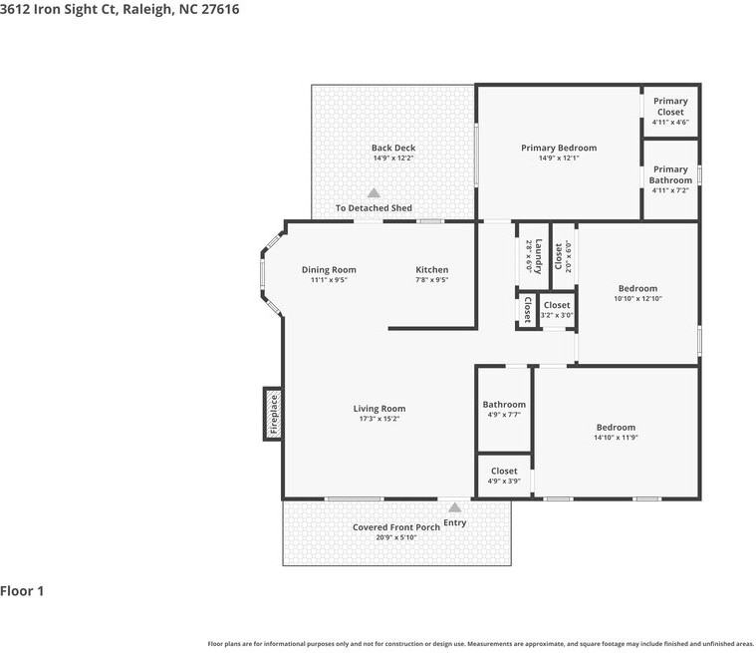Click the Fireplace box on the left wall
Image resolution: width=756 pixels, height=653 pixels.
click(x=273, y=414)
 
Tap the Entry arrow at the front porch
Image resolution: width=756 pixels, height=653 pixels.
click(x=454, y=507)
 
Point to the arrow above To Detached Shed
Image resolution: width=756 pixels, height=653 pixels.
click(x=374, y=193)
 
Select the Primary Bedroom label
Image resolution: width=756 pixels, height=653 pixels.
click(x=559, y=148)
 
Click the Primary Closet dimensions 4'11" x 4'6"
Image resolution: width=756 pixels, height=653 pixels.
click(x=670, y=122)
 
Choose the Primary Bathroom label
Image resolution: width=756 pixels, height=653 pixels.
click(x=670, y=174)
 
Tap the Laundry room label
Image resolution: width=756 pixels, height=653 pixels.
click(x=539, y=256)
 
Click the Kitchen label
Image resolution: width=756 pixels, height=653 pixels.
click(x=432, y=270)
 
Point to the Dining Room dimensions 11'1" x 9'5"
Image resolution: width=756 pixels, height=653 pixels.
click(x=329, y=280)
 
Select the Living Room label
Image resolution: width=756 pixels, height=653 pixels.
click(x=379, y=409)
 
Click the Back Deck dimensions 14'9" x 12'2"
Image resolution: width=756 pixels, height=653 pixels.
click(x=393, y=159)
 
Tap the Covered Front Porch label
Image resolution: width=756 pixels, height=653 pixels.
click(x=396, y=527)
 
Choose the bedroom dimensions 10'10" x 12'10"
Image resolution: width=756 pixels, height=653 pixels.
click(x=637, y=299)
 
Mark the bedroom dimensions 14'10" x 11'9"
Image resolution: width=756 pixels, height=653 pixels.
click(x=616, y=438)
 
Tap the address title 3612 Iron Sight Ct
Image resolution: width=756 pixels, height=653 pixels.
click(x=58, y=9)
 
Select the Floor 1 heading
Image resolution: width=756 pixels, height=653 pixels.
click(x=22, y=591)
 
